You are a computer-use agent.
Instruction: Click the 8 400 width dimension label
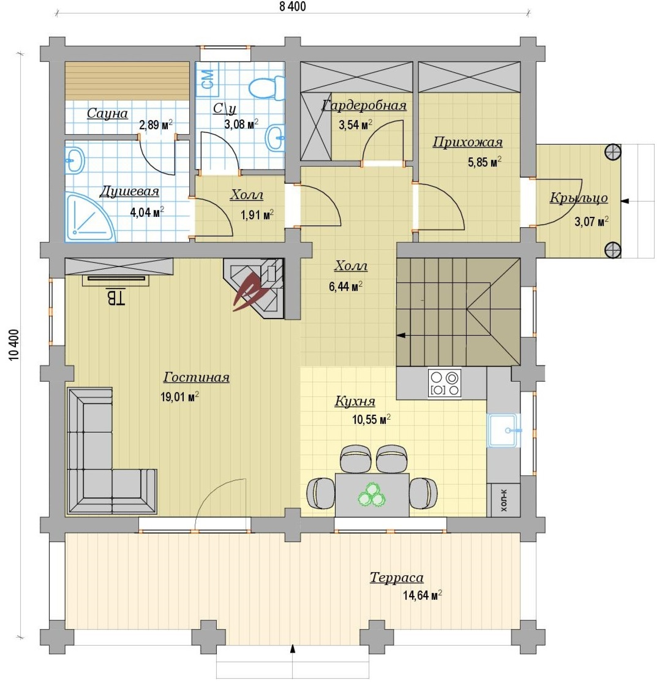click(293, 6)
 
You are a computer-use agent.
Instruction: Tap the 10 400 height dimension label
click(14, 345)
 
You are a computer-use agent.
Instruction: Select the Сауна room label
click(107, 113)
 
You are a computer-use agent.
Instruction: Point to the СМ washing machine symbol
click(207, 79)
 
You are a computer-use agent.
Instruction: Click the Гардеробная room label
click(364, 105)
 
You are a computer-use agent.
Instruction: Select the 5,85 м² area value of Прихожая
click(484, 162)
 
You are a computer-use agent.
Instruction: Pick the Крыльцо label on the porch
click(578, 198)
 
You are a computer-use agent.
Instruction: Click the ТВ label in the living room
click(115, 297)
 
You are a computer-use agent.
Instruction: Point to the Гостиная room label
click(196, 377)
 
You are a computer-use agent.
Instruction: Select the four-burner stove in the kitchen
click(444, 383)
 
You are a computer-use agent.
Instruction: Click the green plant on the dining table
click(372, 495)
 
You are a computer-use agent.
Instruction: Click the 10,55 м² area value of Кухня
click(371, 419)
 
